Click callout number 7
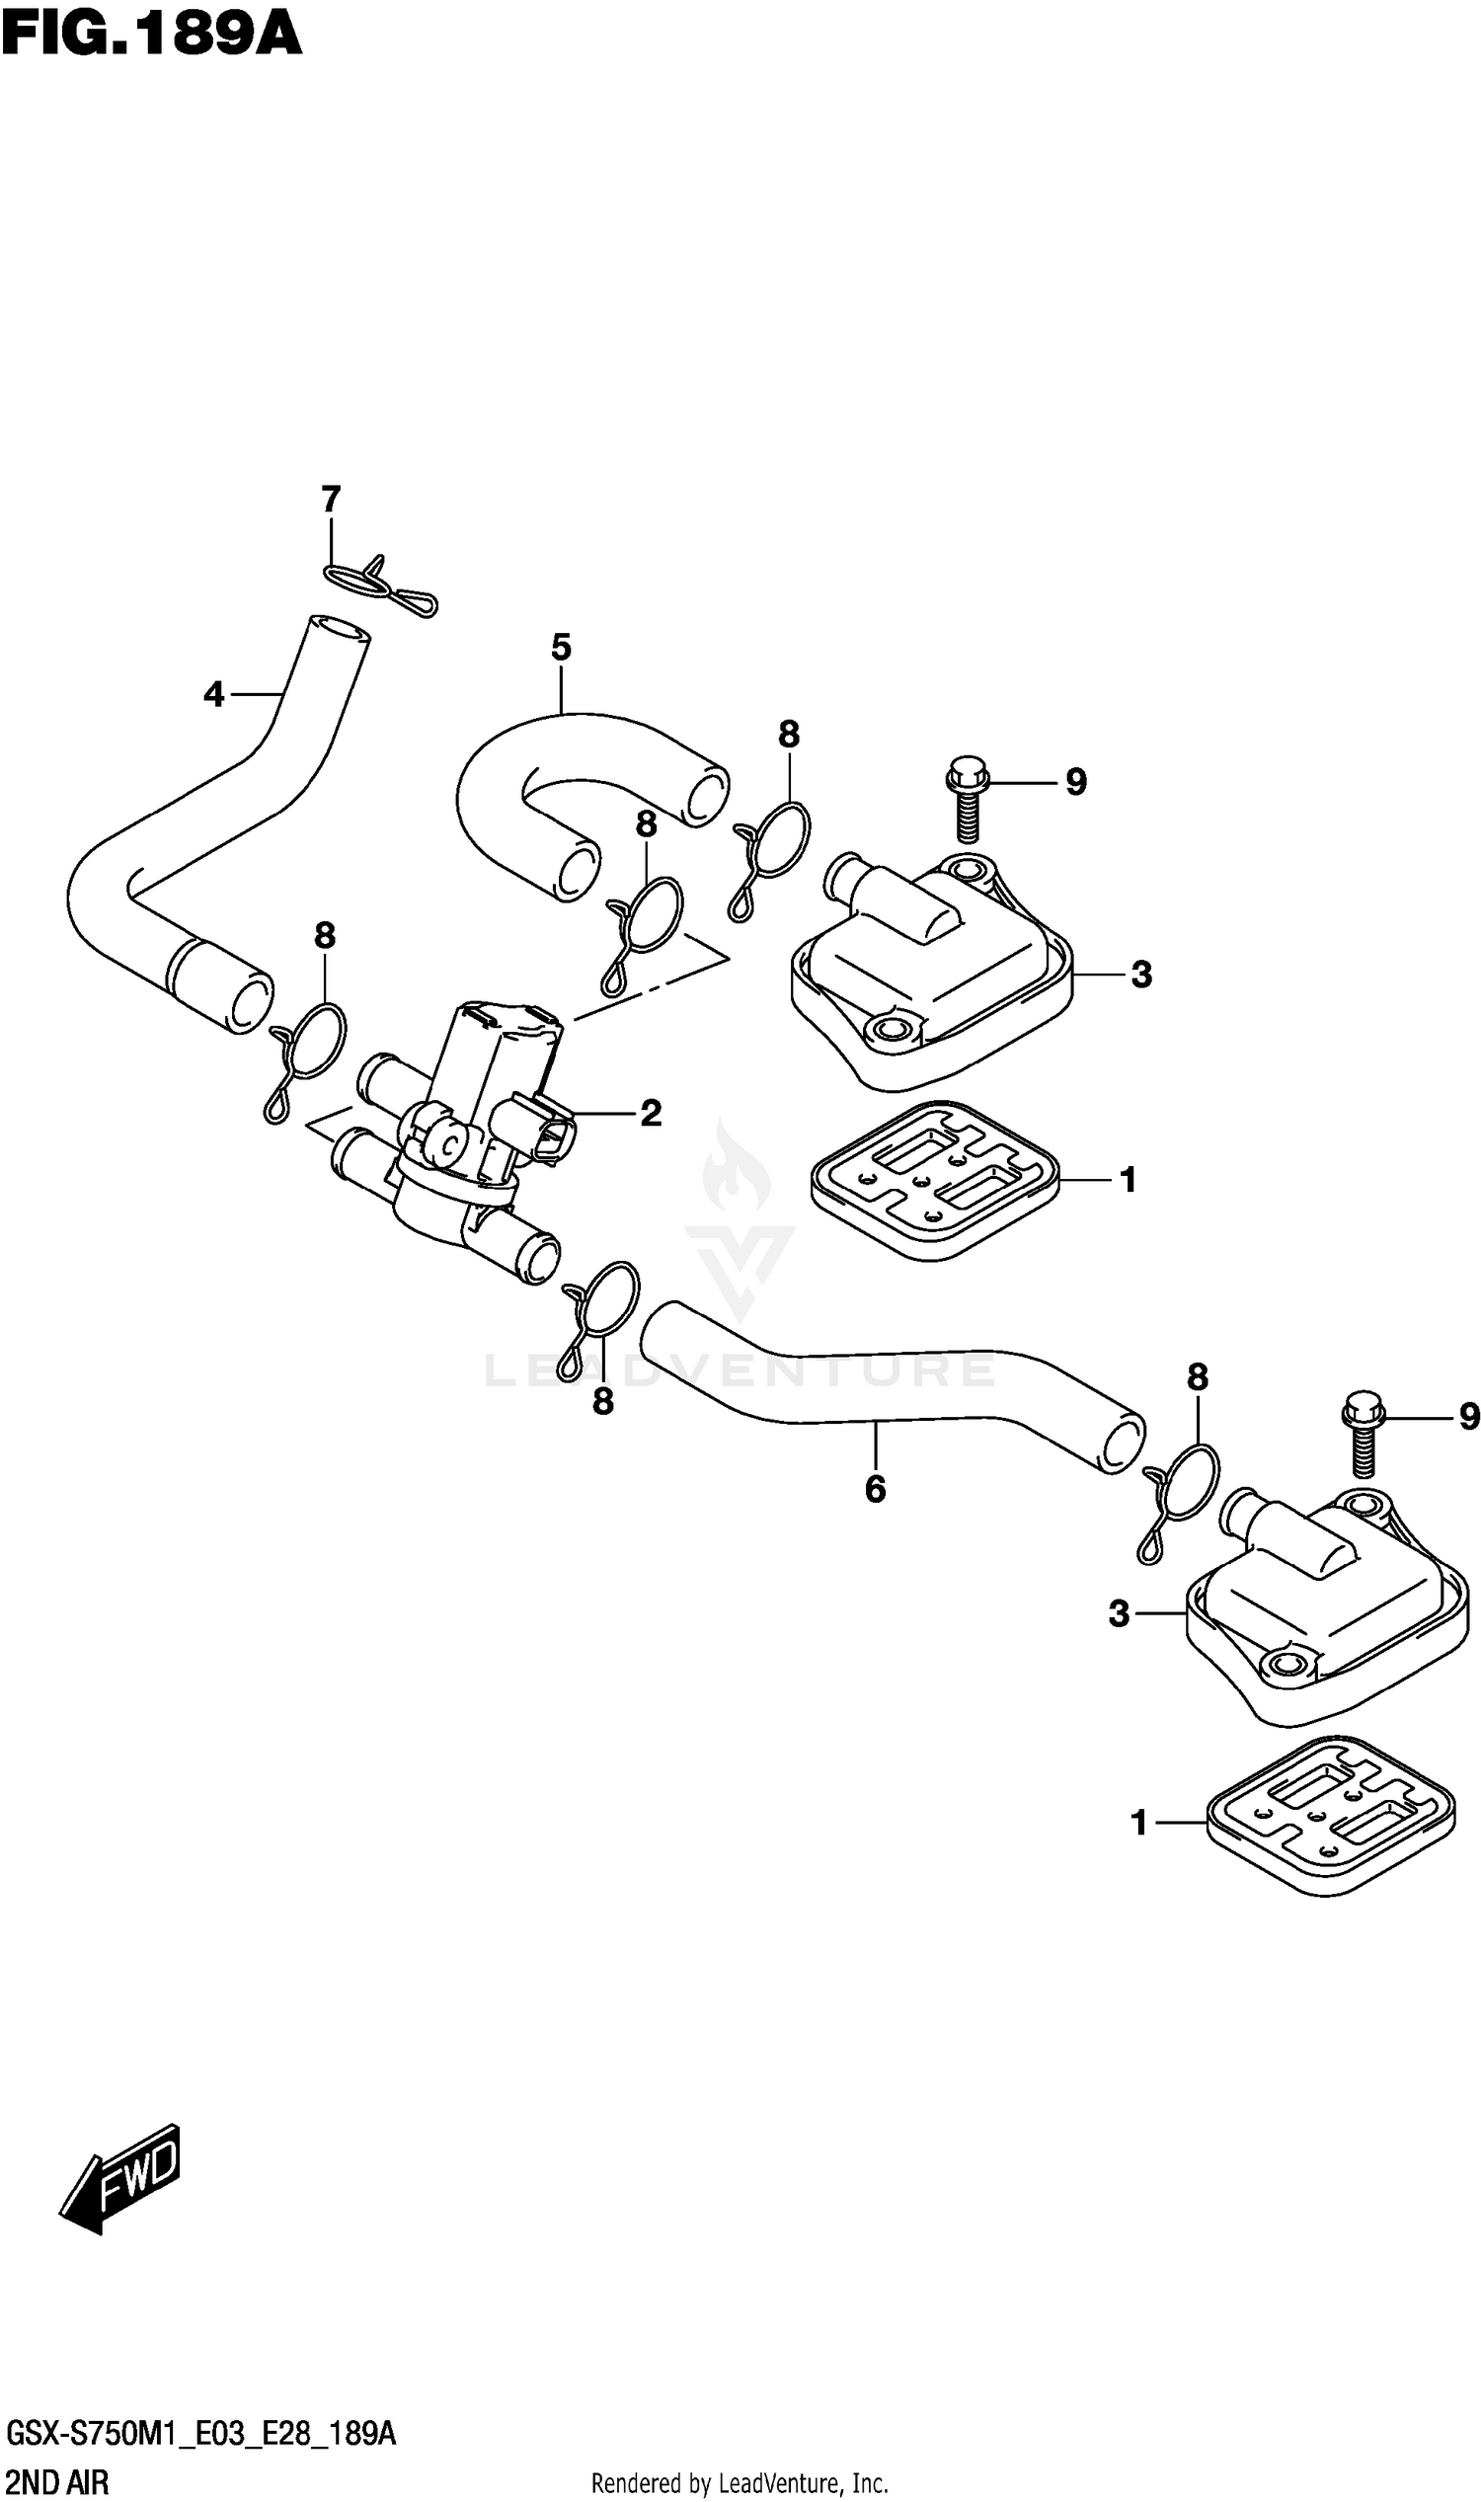click(331, 499)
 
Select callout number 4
click(213, 693)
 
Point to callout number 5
click(561, 648)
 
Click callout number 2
click(651, 1113)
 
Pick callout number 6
click(875, 1489)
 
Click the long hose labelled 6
click(889, 1387)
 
